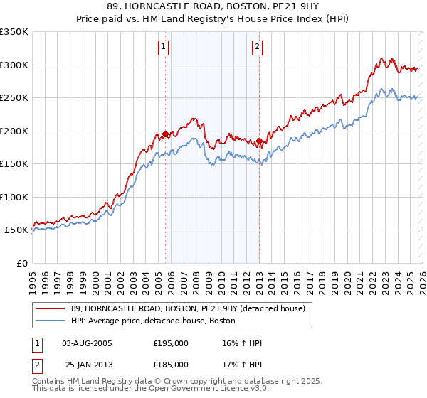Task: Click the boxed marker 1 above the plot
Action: tap(164, 48)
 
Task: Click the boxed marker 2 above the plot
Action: tap(256, 48)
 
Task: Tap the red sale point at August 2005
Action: tap(165, 134)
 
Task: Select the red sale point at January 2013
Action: tap(260, 141)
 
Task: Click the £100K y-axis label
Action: tap(14, 197)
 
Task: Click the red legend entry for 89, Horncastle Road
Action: tap(188, 308)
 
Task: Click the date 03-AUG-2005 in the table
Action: tap(88, 343)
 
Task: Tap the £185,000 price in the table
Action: tap(171, 365)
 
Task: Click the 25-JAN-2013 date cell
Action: tap(88, 365)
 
